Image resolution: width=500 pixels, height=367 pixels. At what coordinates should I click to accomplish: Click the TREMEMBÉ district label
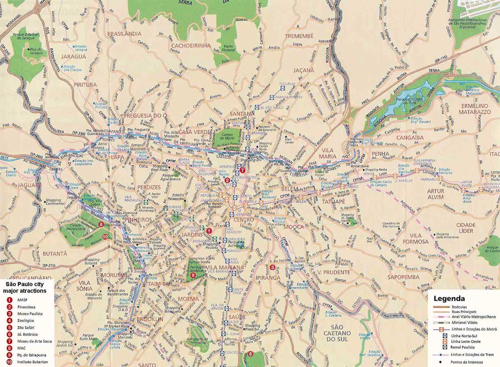[299, 36]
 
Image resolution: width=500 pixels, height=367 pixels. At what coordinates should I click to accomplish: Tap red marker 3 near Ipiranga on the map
[272, 267]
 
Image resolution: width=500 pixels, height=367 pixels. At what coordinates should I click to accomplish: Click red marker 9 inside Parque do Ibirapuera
[192, 275]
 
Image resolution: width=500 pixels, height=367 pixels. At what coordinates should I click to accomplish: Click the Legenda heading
[449, 299]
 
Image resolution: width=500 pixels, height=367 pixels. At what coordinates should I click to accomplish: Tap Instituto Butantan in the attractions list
[33, 362]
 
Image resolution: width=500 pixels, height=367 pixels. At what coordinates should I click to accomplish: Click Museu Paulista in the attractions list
[30, 313]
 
